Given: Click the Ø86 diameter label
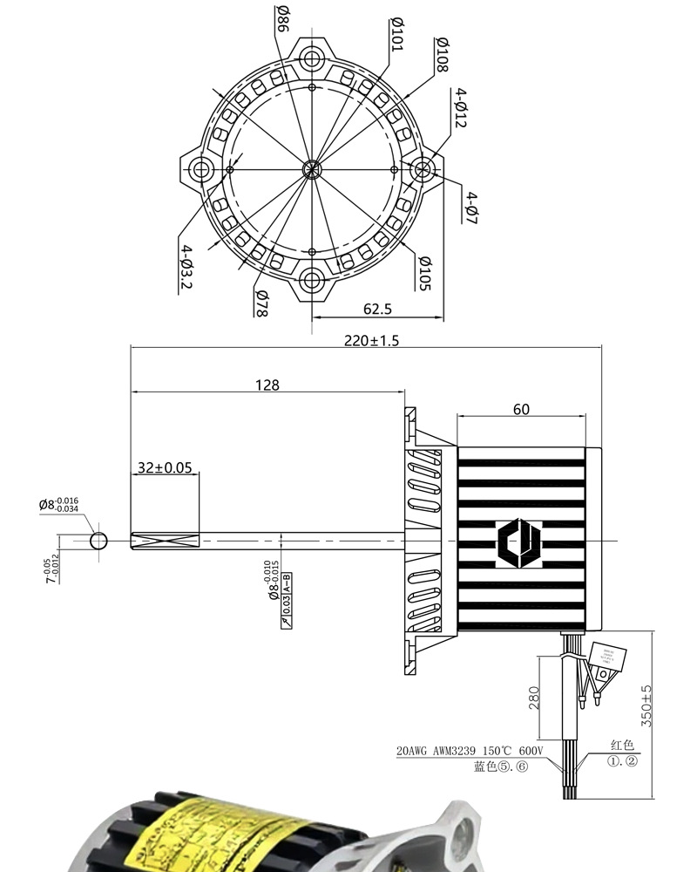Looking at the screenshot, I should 283,18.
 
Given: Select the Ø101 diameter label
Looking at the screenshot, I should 396,33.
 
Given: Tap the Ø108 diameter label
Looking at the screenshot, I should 442,54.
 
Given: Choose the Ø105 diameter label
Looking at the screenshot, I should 424,274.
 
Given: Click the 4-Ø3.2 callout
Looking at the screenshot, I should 186,268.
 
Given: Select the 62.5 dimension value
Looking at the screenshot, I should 377,309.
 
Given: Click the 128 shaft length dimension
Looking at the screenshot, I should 268,385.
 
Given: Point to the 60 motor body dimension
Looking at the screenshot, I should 521,409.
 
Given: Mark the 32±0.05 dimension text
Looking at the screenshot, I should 165,467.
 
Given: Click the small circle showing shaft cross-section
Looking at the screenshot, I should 98,542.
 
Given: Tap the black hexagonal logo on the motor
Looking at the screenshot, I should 519,542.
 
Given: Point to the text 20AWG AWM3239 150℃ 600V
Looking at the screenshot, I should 470,751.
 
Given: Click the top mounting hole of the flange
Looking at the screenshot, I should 312,58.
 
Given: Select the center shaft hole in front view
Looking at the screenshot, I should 312,169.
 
